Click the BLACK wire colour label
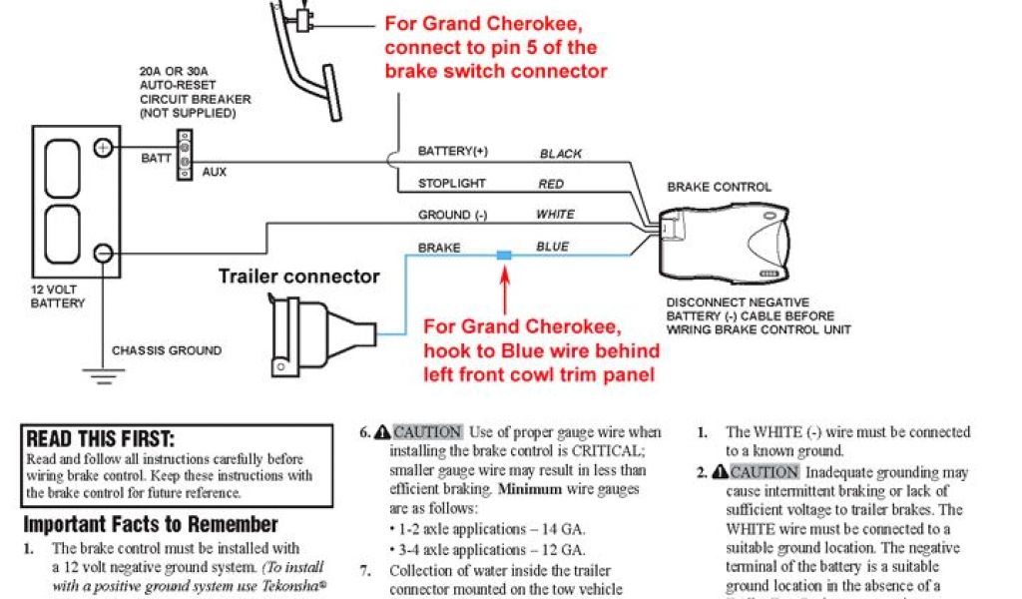(x=561, y=154)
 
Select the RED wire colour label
(x=551, y=184)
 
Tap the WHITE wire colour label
(x=555, y=215)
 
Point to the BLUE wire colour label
(x=553, y=247)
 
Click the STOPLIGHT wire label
(x=452, y=184)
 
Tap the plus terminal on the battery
(x=102, y=149)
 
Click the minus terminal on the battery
(x=102, y=253)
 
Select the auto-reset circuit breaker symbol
(x=185, y=155)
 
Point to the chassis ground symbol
(x=97, y=376)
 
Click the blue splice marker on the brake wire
(x=504, y=256)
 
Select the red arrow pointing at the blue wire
(x=505, y=291)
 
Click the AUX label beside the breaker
(x=215, y=172)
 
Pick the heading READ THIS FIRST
(x=100, y=439)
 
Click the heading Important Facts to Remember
(x=151, y=525)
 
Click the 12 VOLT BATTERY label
(x=57, y=296)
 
